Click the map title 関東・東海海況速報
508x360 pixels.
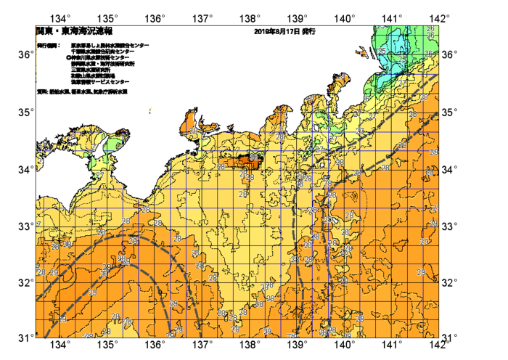click(73, 32)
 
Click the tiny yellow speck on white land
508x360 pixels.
click(150, 111)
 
